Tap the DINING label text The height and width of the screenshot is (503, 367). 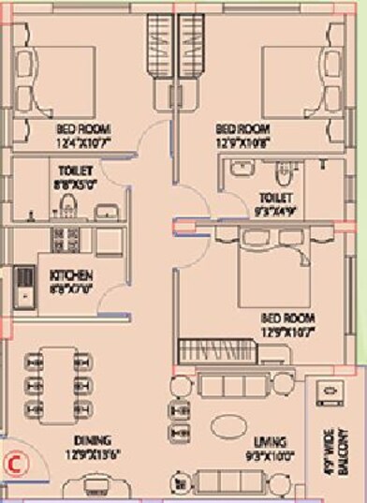[96, 441]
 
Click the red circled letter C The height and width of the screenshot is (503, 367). [14, 461]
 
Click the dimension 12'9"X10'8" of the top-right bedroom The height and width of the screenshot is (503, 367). [242, 142]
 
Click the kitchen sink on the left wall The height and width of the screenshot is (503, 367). [22, 288]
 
